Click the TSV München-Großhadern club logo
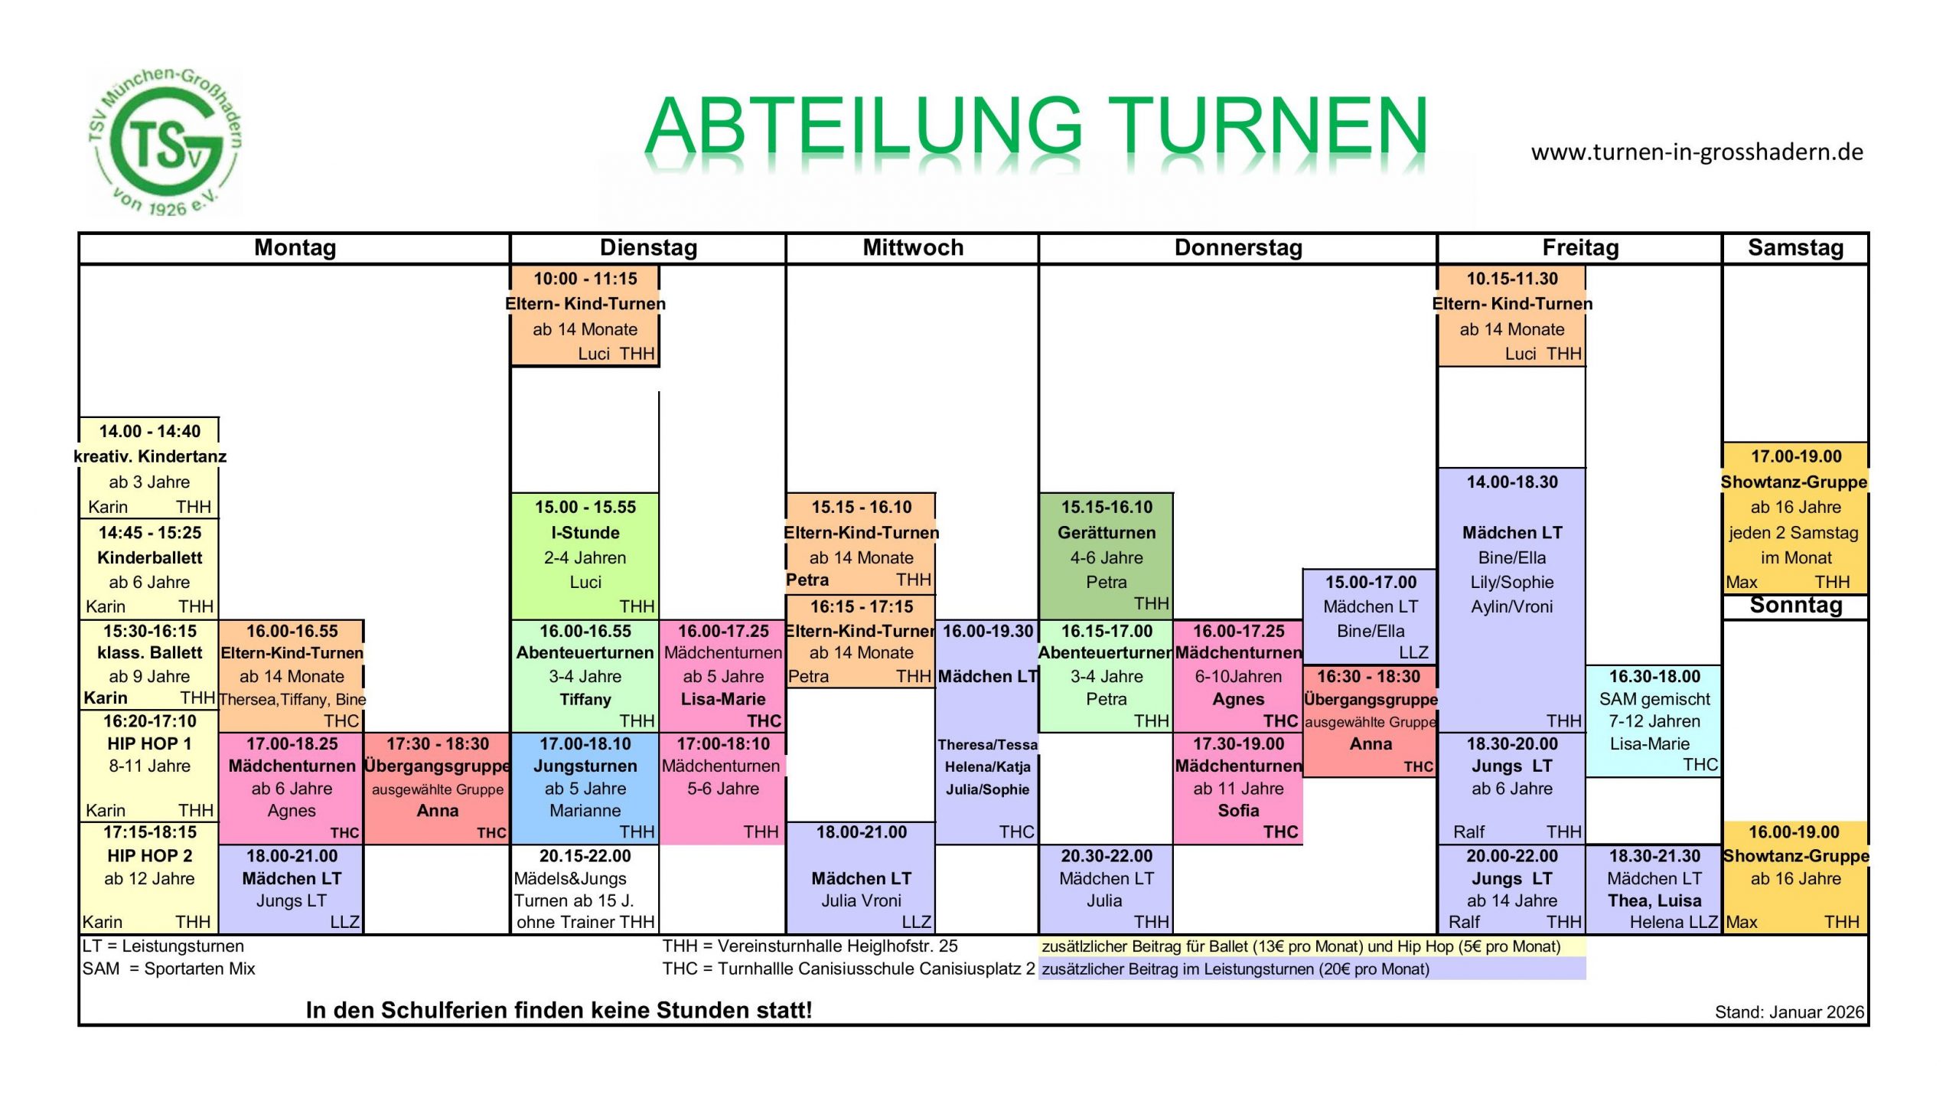point(164,142)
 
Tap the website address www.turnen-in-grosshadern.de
point(1697,152)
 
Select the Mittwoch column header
point(913,247)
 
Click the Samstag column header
point(1795,247)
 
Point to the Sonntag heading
point(1795,605)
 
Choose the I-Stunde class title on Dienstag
point(585,532)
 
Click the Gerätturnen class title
point(1107,532)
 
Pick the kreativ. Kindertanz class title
point(150,456)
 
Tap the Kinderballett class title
point(150,557)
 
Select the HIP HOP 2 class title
point(150,855)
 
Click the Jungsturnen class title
point(585,766)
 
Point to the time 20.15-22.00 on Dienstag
point(585,855)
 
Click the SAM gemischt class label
point(1654,698)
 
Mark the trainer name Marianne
point(585,810)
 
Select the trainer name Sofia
point(1238,810)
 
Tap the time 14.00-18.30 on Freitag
point(1512,482)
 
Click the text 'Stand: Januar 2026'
point(1789,1011)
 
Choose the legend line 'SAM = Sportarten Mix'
point(169,969)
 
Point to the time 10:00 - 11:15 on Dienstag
point(585,278)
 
